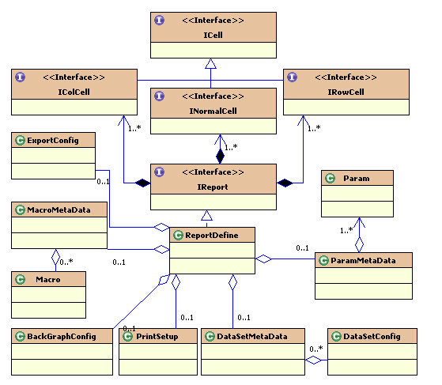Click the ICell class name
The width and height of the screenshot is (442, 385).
[213, 35]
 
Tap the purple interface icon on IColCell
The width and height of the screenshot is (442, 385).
[21, 77]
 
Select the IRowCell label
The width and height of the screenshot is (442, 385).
[346, 92]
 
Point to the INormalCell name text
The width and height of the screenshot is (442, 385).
[213, 111]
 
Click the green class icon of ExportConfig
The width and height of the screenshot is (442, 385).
[21, 140]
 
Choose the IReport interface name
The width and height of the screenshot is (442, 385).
[213, 187]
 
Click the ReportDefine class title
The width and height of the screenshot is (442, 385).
[212, 235]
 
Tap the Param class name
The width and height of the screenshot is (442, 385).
[357, 179]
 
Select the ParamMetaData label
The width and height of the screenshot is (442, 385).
[363, 260]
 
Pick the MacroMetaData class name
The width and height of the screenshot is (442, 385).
[59, 210]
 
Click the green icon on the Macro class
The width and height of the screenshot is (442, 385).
[21, 279]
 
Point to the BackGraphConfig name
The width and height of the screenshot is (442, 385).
[62, 336]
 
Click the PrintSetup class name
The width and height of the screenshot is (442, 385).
[157, 336]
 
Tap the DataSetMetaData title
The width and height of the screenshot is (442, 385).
[252, 336]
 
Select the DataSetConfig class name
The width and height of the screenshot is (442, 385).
[372, 336]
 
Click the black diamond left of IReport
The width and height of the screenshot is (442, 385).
[143, 183]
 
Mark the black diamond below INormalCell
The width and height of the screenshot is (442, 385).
[220, 157]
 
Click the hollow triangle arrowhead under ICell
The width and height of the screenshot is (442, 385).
[210, 63]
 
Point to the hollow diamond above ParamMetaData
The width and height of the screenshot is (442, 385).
[359, 244]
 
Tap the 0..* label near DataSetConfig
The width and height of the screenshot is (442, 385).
[316, 349]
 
